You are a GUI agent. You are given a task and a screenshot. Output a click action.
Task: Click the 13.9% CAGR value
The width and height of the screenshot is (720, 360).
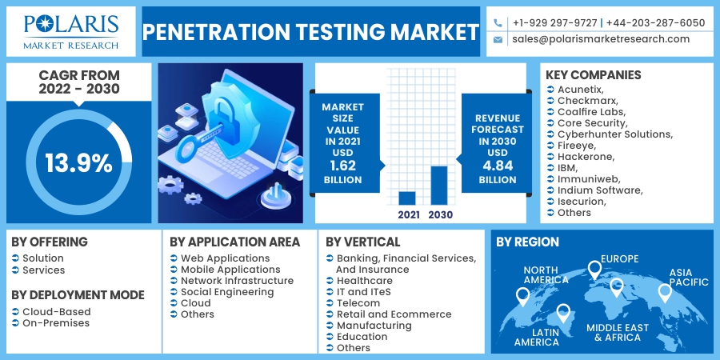point(78,163)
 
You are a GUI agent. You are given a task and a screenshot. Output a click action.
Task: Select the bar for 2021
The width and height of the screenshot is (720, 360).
point(407,198)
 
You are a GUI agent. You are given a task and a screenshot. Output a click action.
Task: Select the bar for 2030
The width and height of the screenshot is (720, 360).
point(439,185)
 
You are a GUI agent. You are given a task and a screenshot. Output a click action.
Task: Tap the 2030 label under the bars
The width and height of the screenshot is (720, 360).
point(440,214)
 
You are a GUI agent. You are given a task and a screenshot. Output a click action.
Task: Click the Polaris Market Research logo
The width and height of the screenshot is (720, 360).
point(71,32)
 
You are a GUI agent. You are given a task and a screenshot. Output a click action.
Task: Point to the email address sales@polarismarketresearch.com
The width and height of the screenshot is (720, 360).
point(600,39)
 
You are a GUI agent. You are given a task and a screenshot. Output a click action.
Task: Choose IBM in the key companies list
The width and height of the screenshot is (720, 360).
point(567,167)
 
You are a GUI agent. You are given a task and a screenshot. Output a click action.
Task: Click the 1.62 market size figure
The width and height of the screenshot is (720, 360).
point(342,166)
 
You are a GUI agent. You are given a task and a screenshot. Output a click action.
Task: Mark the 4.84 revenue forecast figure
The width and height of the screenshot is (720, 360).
point(498,166)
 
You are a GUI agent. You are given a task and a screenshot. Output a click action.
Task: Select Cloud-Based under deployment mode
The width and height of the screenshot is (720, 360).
point(57,312)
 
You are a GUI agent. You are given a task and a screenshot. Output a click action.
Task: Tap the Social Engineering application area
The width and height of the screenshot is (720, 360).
point(227,292)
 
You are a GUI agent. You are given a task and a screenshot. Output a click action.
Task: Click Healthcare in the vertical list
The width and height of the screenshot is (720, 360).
point(364,281)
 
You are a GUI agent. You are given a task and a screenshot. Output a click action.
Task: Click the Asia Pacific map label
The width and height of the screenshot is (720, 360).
point(689,277)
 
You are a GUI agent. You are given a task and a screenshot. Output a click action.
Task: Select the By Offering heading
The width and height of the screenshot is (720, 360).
point(50,242)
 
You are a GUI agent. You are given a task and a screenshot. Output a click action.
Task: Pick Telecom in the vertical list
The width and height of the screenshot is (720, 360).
point(358,303)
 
